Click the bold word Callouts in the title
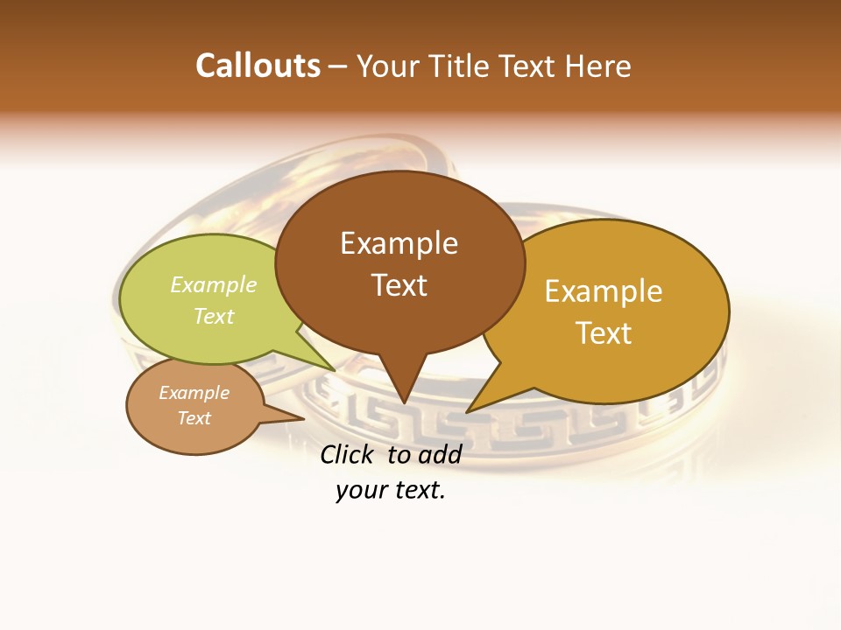click(x=258, y=66)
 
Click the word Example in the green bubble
click(x=214, y=285)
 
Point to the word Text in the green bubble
click(x=214, y=316)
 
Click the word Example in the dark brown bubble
click(x=399, y=243)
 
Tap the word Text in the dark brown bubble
click(x=399, y=285)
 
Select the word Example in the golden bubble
click(x=604, y=291)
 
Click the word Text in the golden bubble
click(x=604, y=332)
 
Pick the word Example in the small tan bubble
click(x=194, y=393)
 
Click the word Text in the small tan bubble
click(x=194, y=418)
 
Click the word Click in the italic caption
click(x=349, y=454)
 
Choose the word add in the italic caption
click(x=439, y=454)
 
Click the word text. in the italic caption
click(x=418, y=490)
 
